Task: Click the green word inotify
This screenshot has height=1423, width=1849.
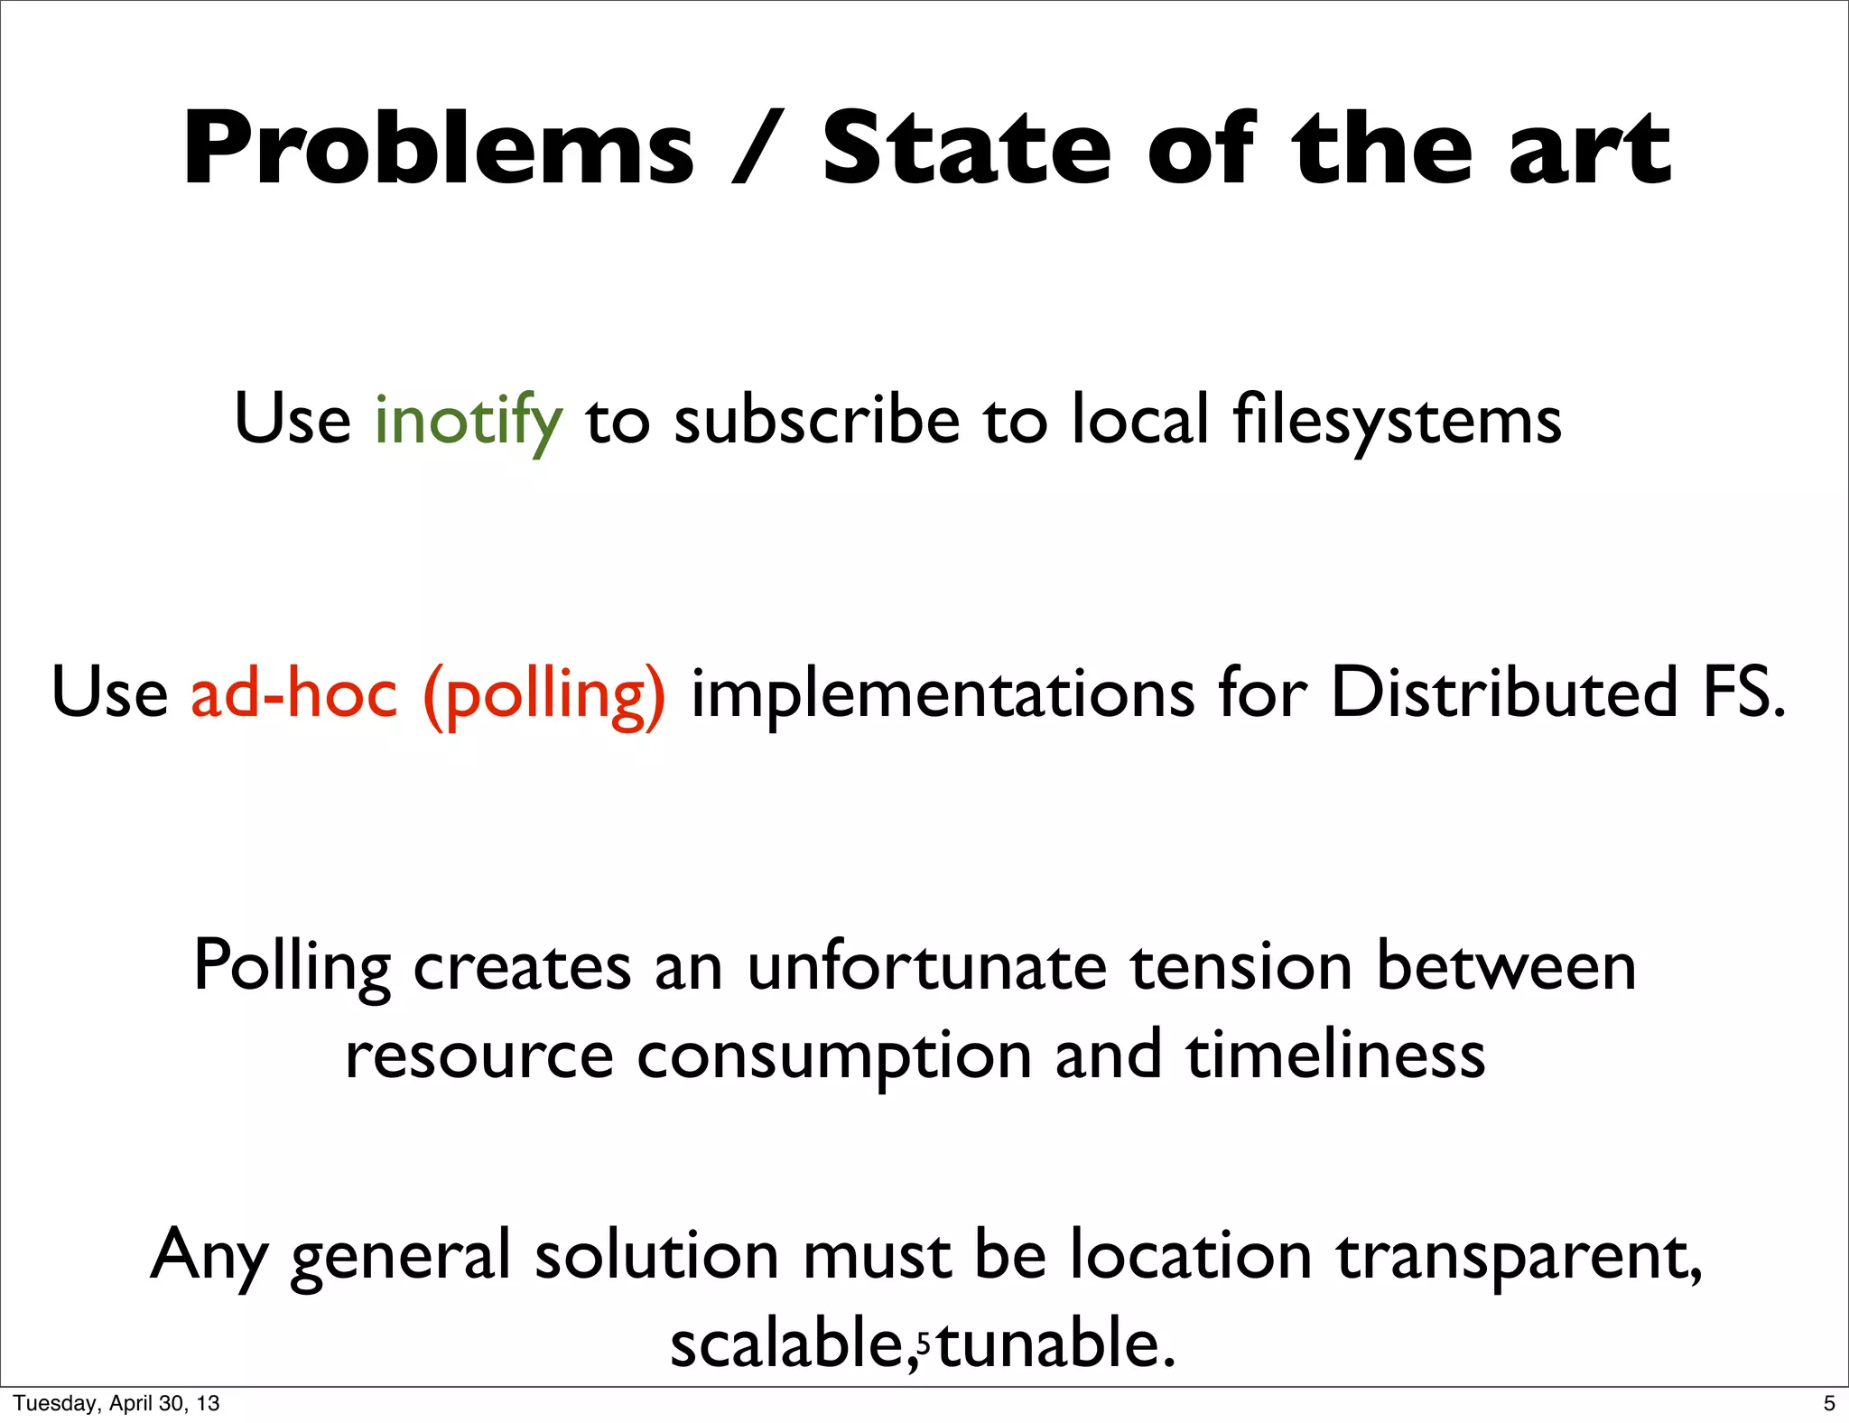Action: (x=469, y=422)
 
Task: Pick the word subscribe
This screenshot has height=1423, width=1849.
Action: (x=817, y=420)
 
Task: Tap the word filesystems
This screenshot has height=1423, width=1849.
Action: (x=1397, y=422)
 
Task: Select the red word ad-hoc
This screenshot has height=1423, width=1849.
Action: (x=294, y=693)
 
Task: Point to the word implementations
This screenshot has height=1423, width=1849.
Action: (x=943, y=693)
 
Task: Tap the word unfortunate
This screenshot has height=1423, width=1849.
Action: (x=927, y=966)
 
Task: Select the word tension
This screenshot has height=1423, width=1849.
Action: (x=1241, y=966)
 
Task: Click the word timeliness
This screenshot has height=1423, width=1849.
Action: (x=1335, y=1055)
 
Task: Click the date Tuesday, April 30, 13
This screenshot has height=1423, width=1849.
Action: (x=116, y=1403)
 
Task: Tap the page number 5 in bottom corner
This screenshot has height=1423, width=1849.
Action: (x=1829, y=1403)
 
